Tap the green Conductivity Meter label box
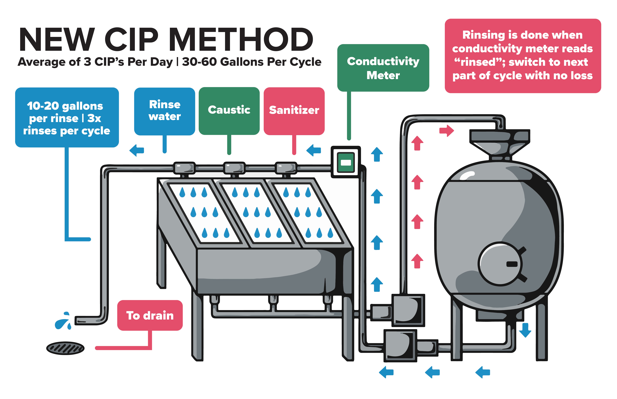point(383,68)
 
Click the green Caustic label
point(229,110)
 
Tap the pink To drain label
point(150,315)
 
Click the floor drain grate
point(65,348)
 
